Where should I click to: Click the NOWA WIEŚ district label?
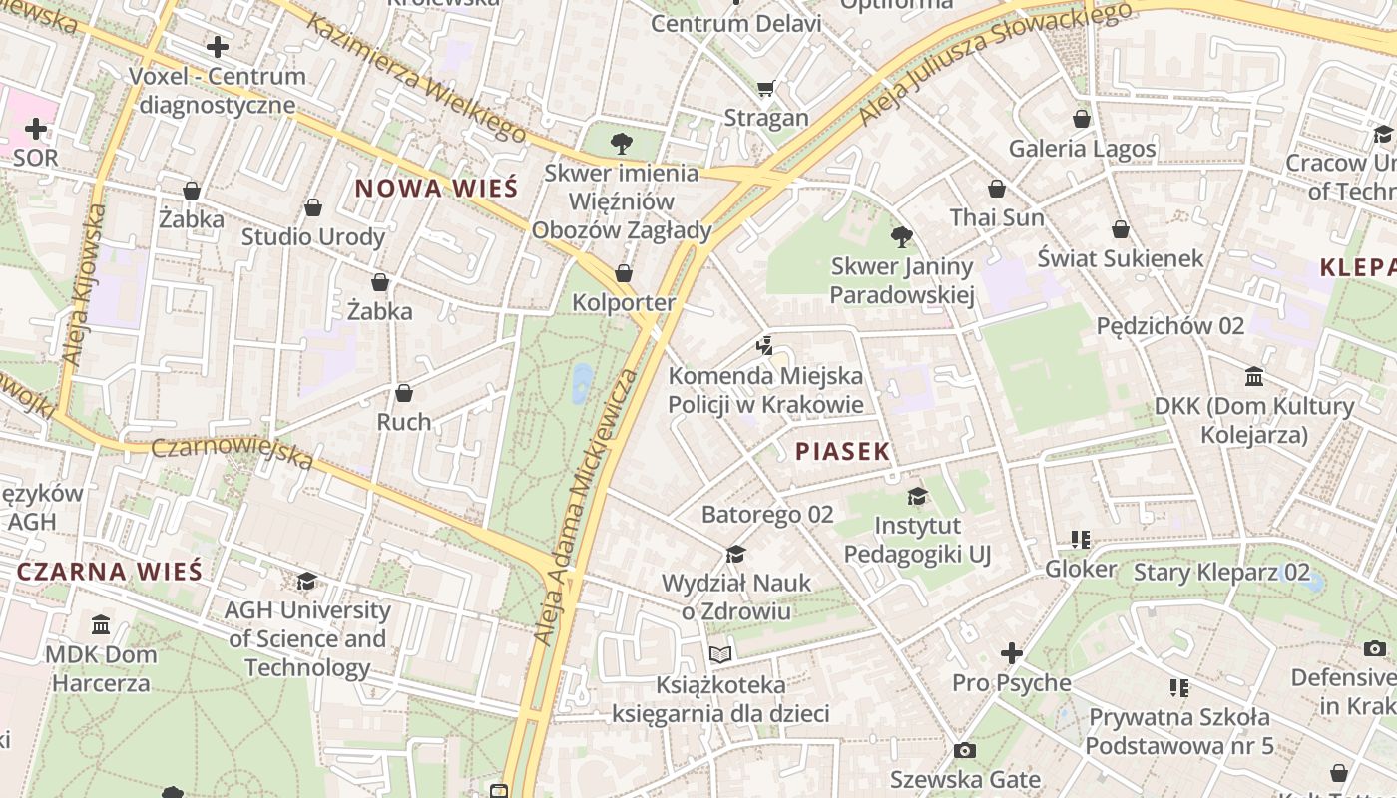(x=436, y=188)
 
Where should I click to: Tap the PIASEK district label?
(x=842, y=451)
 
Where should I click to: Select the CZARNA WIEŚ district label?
(x=110, y=572)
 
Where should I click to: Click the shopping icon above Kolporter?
(x=624, y=273)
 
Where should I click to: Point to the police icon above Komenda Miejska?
(x=765, y=346)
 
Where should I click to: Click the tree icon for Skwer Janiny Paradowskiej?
(x=901, y=237)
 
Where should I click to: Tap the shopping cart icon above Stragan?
(x=765, y=89)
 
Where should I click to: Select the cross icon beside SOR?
(x=36, y=129)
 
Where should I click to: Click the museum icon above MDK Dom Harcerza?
(x=101, y=625)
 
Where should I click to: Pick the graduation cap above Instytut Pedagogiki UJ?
(x=917, y=496)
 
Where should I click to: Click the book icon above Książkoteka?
(x=720, y=655)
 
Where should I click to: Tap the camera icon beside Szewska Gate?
(x=964, y=750)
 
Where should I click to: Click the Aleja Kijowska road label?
(x=84, y=284)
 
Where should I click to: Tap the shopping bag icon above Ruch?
(x=404, y=393)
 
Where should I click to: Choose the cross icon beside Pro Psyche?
(x=1012, y=654)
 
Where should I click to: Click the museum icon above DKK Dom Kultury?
(x=1254, y=377)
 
